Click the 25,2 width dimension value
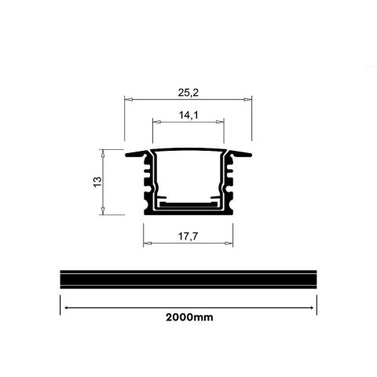tap(188, 92)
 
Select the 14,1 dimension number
tap(188, 115)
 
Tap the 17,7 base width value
tap(188, 234)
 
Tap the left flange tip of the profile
tap(129, 155)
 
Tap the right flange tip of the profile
tap(250, 155)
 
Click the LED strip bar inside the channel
tap(188, 203)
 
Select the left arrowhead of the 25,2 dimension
tap(128, 101)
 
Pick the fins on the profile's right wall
tap(232, 181)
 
